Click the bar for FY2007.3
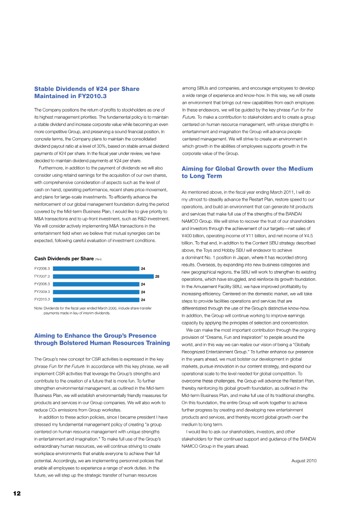(103, 276)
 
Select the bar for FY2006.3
(96, 269)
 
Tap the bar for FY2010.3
(96, 299)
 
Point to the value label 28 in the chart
(157, 276)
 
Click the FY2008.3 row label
(42, 284)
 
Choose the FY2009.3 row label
(42, 292)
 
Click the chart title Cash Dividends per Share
(63, 259)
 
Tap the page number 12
(17, 493)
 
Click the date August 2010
(304, 461)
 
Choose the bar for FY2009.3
(96, 292)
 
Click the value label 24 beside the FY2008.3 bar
(143, 284)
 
